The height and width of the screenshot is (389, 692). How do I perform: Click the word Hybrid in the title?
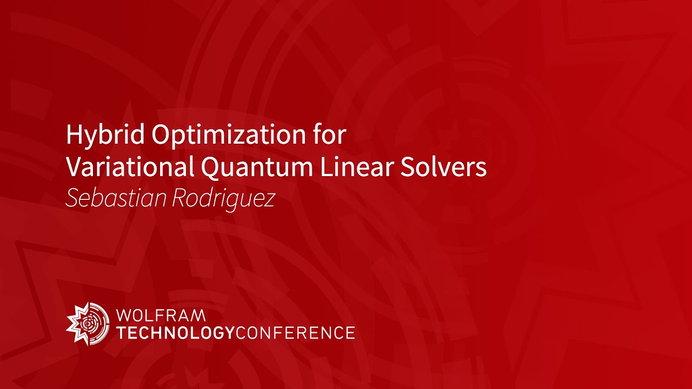click(105, 135)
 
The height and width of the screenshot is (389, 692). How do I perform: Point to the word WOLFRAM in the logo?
click(161, 315)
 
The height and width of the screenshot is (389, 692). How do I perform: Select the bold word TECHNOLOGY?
click(176, 332)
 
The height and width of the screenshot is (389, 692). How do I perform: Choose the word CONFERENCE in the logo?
click(295, 332)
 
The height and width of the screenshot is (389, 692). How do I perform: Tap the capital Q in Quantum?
click(211, 169)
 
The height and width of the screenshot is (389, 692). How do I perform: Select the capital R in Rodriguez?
click(179, 199)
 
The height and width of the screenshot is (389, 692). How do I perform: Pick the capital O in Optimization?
click(162, 135)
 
